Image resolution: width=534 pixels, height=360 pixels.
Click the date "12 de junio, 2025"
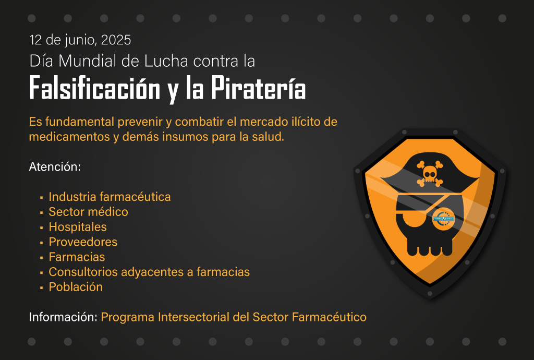tap(80, 40)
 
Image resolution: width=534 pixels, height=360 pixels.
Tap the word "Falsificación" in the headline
tap(95, 88)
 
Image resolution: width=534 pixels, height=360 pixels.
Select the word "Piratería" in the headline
tap(259, 88)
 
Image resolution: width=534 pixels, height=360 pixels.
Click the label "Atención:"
tap(55, 167)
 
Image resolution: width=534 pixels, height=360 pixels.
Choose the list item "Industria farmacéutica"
tap(110, 197)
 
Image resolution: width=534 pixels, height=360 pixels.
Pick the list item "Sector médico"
tap(89, 211)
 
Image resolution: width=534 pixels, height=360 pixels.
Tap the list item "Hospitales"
tap(78, 227)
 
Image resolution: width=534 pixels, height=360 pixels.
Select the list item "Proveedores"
tap(83, 242)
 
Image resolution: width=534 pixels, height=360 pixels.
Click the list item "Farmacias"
tap(77, 257)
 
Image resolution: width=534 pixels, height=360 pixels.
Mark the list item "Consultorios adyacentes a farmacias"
tap(149, 272)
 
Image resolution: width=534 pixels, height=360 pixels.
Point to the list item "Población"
tap(76, 287)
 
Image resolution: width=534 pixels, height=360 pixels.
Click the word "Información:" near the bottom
tap(63, 317)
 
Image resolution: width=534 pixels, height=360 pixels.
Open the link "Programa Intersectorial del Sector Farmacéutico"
tap(234, 317)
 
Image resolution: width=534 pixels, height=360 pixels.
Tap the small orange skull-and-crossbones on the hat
tap(430, 174)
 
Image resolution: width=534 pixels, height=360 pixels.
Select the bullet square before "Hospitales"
tap(42, 227)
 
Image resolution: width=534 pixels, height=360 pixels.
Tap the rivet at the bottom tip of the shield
tap(430, 294)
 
